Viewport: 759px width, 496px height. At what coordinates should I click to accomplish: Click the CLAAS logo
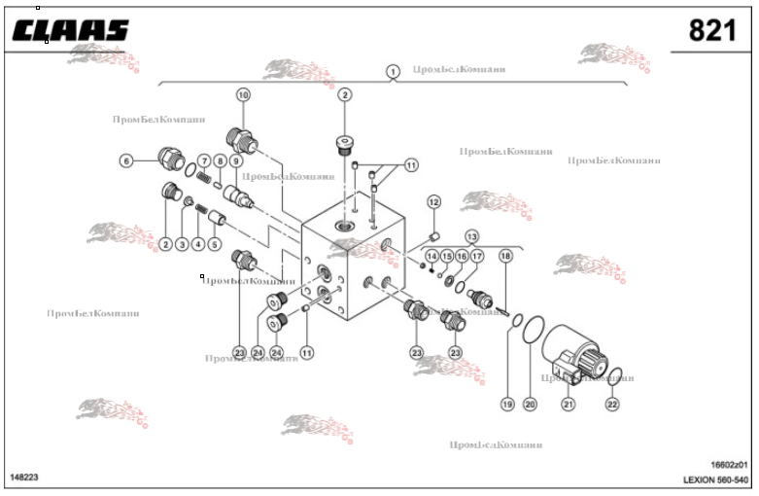click(x=71, y=31)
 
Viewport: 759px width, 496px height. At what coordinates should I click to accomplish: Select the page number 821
click(x=711, y=31)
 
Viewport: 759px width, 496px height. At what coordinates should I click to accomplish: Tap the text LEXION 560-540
click(x=717, y=480)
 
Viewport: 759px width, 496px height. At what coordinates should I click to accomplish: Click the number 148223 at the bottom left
click(x=24, y=478)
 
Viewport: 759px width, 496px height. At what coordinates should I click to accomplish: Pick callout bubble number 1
click(x=393, y=71)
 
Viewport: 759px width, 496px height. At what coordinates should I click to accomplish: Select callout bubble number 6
click(x=125, y=160)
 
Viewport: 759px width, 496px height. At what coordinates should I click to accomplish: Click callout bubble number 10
click(x=242, y=94)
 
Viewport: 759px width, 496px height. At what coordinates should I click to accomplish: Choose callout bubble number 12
click(x=433, y=201)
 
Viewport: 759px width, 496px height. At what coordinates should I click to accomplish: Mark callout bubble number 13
click(x=471, y=236)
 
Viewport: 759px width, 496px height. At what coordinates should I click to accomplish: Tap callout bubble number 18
click(x=505, y=255)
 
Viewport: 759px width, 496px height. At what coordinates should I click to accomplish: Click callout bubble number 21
click(x=569, y=404)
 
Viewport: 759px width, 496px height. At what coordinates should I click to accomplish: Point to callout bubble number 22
click(x=612, y=404)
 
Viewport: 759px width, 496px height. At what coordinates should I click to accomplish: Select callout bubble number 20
click(x=530, y=404)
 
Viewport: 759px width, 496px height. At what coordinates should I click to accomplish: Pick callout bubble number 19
click(x=506, y=404)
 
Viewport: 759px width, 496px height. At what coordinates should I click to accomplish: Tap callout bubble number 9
click(x=235, y=160)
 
